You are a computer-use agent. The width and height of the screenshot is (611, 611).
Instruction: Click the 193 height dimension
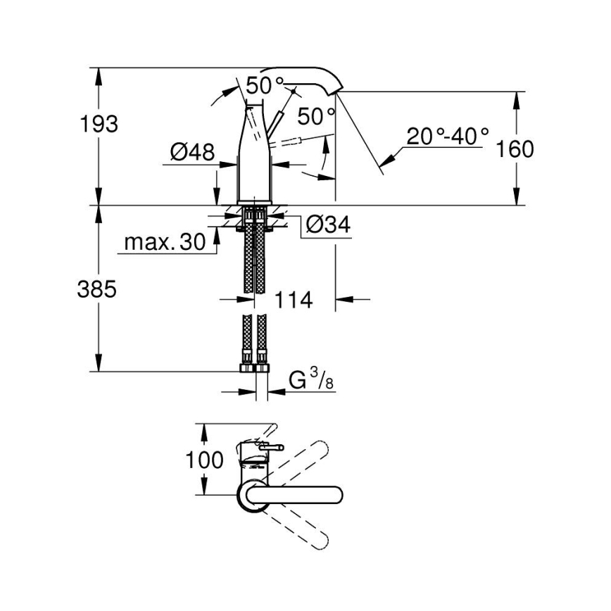(x=99, y=124)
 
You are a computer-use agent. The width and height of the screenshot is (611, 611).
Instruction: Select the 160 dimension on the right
(x=515, y=149)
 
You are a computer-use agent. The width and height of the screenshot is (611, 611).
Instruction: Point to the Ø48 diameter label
(x=191, y=151)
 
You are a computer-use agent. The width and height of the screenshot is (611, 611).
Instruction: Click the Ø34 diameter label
(x=329, y=225)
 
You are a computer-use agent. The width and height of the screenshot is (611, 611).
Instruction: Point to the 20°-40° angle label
(x=447, y=136)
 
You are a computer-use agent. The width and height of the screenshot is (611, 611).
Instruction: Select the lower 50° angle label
(x=315, y=114)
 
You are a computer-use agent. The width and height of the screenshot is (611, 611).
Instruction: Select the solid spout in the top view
(x=303, y=495)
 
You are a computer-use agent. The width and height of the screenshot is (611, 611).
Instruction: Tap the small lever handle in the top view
(x=269, y=446)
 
